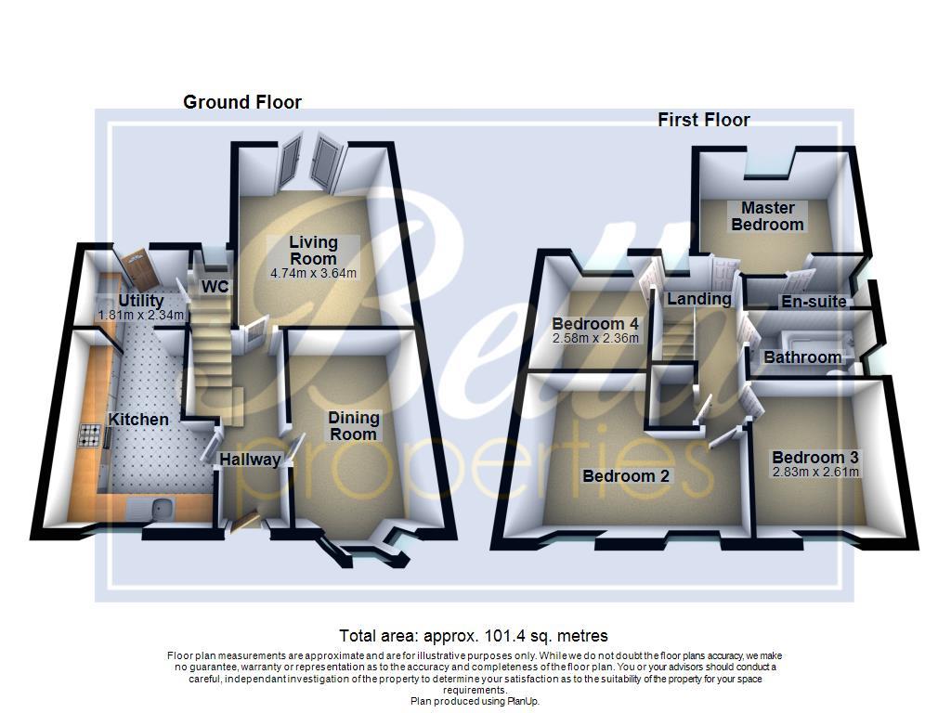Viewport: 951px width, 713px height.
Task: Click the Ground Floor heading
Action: click(x=241, y=102)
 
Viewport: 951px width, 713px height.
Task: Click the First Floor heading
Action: click(x=703, y=120)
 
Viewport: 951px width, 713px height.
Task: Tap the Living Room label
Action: click(x=313, y=251)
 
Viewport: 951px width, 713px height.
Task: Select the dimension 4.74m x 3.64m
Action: click(x=313, y=274)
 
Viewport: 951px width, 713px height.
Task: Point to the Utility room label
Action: click(x=141, y=301)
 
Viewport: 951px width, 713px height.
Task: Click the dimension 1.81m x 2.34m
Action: click(x=141, y=316)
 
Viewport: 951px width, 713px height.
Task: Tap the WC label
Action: click(x=215, y=287)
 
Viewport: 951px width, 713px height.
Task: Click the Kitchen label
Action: click(x=138, y=420)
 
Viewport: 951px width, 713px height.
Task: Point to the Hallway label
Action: click(x=250, y=460)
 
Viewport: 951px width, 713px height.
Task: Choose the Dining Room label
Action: click(x=353, y=426)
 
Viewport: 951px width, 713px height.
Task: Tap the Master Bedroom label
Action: click(x=767, y=216)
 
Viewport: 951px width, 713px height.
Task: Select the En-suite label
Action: click(x=814, y=302)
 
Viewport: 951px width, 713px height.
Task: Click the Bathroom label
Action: click(x=802, y=357)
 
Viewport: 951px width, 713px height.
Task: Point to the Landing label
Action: click(x=698, y=299)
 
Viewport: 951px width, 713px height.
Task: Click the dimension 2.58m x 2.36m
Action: click(x=595, y=338)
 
